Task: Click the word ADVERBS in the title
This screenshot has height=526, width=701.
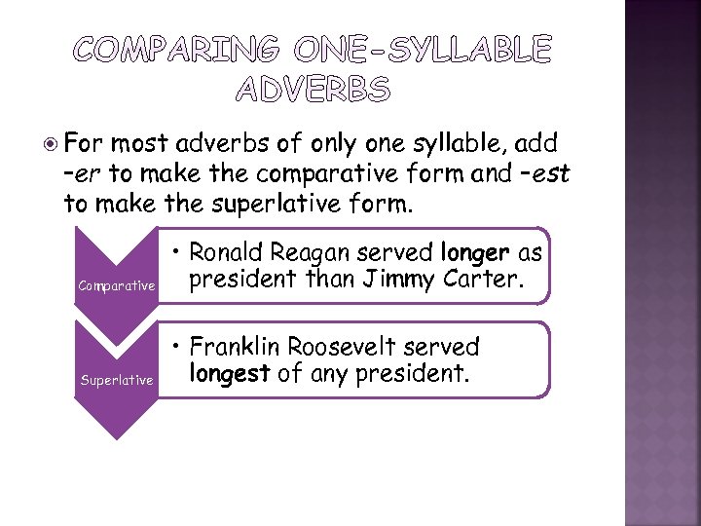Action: [x=313, y=91]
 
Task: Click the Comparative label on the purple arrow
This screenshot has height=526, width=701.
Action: [x=117, y=285]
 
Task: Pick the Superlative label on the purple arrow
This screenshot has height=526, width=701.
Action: [x=117, y=380]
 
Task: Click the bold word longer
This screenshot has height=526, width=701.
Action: [x=474, y=253]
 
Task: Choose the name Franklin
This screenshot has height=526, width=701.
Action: [x=235, y=347]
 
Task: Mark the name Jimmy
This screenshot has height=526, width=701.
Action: [x=402, y=282]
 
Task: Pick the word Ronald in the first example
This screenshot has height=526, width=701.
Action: [x=225, y=253]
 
